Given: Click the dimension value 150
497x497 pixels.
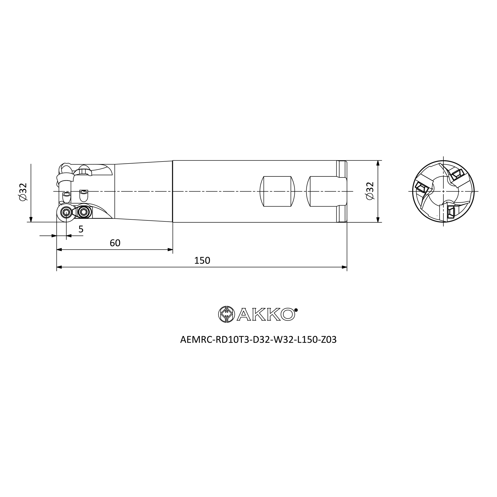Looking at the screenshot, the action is pyautogui.click(x=202, y=261).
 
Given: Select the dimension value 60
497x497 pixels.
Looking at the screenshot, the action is pyautogui.click(x=115, y=243).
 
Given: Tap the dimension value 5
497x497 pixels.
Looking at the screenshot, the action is pyautogui.click(x=81, y=229).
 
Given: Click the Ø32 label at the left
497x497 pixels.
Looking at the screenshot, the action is pyautogui.click(x=23, y=192).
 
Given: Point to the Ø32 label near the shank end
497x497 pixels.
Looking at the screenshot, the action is pyautogui.click(x=370, y=191).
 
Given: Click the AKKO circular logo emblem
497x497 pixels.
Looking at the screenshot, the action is pyautogui.click(x=226, y=314).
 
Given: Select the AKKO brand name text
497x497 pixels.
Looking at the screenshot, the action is pyautogui.click(x=266, y=314).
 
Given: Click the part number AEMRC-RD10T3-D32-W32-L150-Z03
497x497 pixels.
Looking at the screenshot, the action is pyautogui.click(x=258, y=340).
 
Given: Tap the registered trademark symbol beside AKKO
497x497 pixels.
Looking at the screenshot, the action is pyautogui.click(x=296, y=310).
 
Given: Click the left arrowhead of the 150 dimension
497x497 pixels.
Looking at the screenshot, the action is pyautogui.click(x=59, y=267).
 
